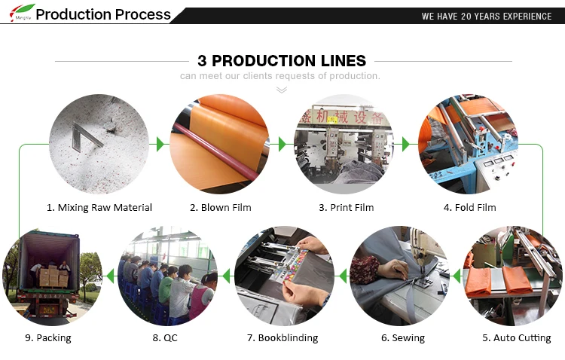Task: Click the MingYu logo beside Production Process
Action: (x=22, y=12)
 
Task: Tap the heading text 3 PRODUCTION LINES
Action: (x=282, y=61)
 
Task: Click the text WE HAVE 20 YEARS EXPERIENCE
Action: (x=487, y=17)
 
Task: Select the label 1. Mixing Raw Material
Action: (x=99, y=208)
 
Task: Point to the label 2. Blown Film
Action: (x=221, y=208)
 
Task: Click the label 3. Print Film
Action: (x=347, y=208)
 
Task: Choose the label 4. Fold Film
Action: (x=470, y=208)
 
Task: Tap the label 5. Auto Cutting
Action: (x=517, y=338)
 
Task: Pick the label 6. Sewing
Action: (x=403, y=338)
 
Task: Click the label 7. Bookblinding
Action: (x=282, y=338)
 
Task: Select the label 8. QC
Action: (x=165, y=338)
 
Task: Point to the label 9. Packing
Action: (x=48, y=338)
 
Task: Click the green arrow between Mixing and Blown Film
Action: (x=160, y=144)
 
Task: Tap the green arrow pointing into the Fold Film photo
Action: (x=406, y=144)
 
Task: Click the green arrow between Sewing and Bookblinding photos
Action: (x=343, y=276)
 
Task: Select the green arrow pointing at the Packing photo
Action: (x=110, y=276)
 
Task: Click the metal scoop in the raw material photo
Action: (x=85, y=136)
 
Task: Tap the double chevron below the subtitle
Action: (x=282, y=90)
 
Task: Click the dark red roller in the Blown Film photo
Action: (x=217, y=151)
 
